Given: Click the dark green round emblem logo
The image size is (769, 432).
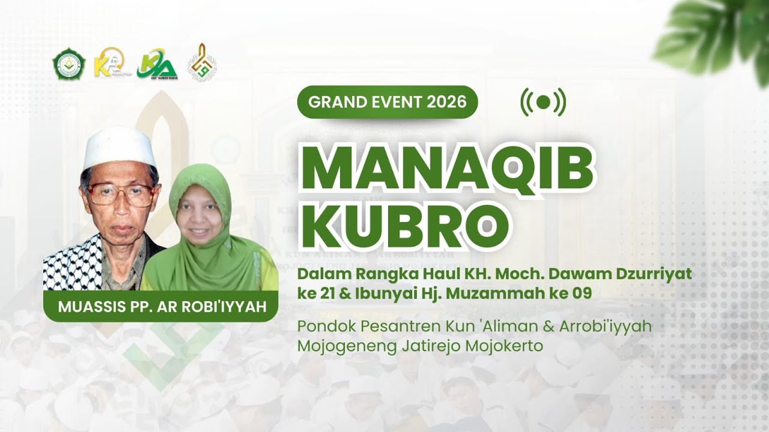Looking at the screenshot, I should tap(68, 64).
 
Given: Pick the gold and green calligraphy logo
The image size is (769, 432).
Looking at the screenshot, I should tap(202, 62).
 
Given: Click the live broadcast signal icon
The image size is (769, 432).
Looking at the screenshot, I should tap(543, 102).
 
